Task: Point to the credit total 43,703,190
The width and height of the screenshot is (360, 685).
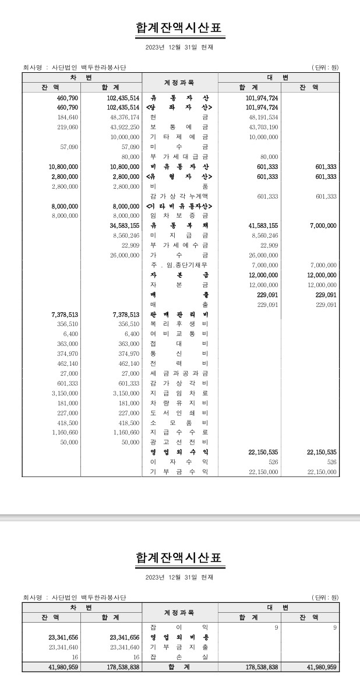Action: tap(263, 127)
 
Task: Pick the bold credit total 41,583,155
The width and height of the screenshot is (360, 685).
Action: tap(263, 225)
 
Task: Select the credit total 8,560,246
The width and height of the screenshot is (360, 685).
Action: tap(264, 235)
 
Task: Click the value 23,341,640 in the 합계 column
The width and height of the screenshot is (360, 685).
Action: tap(125, 647)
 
